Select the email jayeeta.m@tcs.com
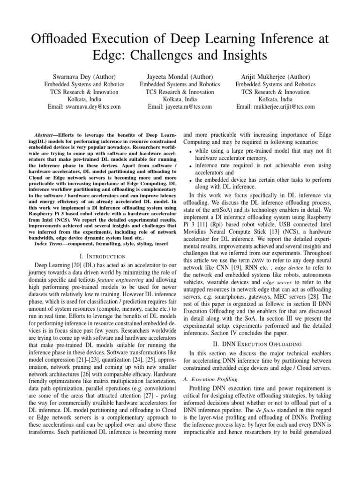180,106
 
